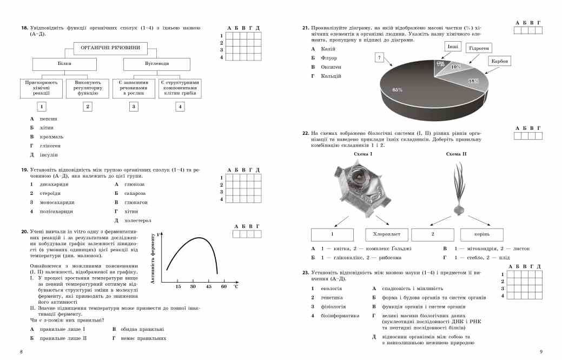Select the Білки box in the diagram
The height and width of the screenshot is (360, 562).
(64, 64)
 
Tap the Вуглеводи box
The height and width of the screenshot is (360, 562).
(156, 64)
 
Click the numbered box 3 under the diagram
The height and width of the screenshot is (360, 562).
(134, 107)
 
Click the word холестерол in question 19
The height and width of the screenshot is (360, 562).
(138, 221)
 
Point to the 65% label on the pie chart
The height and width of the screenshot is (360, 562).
(398, 89)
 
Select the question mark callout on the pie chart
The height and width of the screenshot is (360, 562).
(380, 57)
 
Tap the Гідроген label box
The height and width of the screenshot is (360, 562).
(479, 48)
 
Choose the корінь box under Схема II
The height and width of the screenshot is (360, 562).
(482, 235)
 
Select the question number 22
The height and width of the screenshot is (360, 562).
(306, 133)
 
